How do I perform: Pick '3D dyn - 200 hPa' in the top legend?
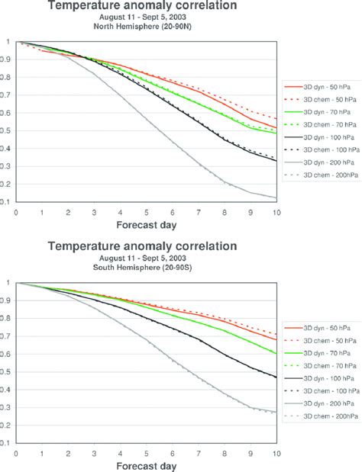(322, 179)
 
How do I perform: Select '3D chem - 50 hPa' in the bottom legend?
(322, 343)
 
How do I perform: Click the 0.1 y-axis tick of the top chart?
(7, 201)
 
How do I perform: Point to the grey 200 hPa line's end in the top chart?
(274, 197)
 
